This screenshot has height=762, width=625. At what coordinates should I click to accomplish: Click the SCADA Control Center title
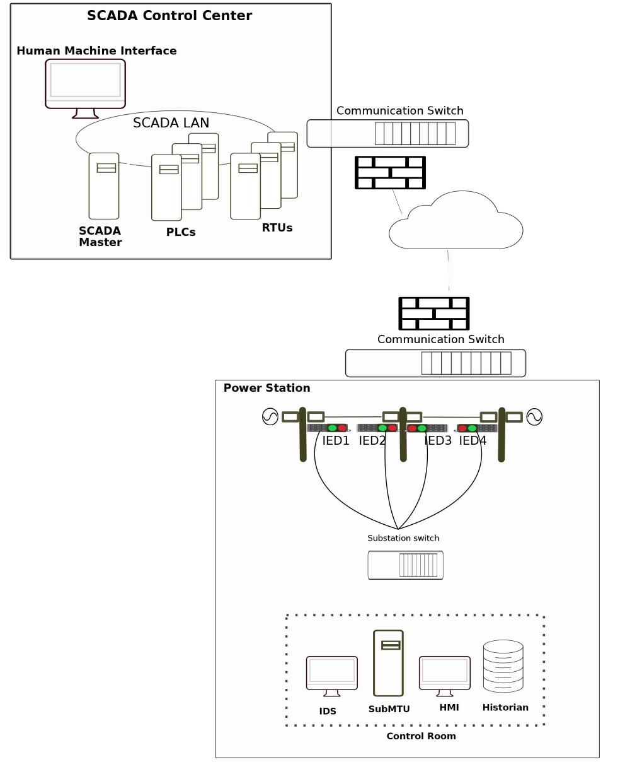pyautogui.click(x=169, y=16)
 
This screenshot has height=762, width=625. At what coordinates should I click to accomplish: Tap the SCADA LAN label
pyautogui.click(x=171, y=123)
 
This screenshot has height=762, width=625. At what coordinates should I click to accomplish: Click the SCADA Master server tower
pyautogui.click(x=104, y=185)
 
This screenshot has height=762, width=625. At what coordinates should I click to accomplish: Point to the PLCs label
pyautogui.click(x=181, y=232)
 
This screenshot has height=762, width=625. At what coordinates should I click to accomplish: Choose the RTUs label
pyautogui.click(x=277, y=228)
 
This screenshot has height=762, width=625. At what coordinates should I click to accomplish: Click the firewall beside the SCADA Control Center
pyautogui.click(x=390, y=172)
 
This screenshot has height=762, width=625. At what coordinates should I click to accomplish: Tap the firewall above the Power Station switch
pyautogui.click(x=434, y=313)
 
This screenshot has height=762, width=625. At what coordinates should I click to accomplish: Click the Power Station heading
pyautogui.click(x=267, y=388)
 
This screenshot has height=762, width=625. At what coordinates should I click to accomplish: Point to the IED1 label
pyautogui.click(x=336, y=441)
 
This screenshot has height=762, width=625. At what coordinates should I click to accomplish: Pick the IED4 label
pyautogui.click(x=473, y=441)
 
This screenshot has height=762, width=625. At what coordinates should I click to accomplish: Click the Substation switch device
pyautogui.click(x=405, y=565)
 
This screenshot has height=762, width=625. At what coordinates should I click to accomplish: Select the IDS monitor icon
pyautogui.click(x=331, y=674)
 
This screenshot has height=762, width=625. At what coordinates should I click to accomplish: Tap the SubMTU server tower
pyautogui.click(x=388, y=662)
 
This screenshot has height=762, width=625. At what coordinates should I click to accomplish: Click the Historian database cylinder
pyautogui.click(x=503, y=666)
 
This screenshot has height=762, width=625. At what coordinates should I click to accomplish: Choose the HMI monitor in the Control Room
pyautogui.click(x=445, y=674)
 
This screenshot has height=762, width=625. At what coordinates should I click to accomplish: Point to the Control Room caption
pyautogui.click(x=421, y=736)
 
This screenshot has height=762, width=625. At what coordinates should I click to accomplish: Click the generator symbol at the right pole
pyautogui.click(x=534, y=417)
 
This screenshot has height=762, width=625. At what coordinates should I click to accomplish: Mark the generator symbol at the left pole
pyautogui.click(x=270, y=417)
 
